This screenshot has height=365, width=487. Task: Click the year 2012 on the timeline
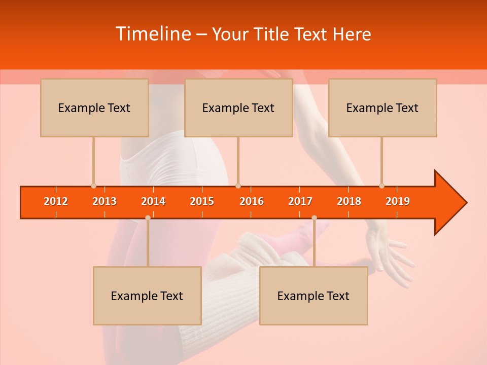[56, 201]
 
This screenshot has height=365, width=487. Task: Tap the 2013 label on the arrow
[105, 201]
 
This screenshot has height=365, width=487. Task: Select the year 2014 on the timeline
[153, 201]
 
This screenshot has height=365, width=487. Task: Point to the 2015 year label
[202, 201]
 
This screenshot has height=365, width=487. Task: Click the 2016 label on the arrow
[252, 201]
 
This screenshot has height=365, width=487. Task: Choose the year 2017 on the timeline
[300, 201]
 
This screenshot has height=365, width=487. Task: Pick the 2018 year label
[349, 201]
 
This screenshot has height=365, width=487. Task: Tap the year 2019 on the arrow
[398, 201]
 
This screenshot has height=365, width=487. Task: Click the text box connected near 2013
[94, 107]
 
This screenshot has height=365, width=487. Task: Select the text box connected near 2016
[238, 107]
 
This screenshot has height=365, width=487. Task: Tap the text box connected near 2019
[382, 107]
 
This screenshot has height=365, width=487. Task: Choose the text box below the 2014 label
[147, 296]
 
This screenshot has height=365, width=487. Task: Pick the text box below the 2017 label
[314, 296]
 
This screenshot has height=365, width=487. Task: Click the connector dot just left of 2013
[93, 186]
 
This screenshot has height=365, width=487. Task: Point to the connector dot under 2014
[148, 217]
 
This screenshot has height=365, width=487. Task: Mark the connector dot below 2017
[314, 217]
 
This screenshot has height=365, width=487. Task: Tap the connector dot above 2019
[381, 186]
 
